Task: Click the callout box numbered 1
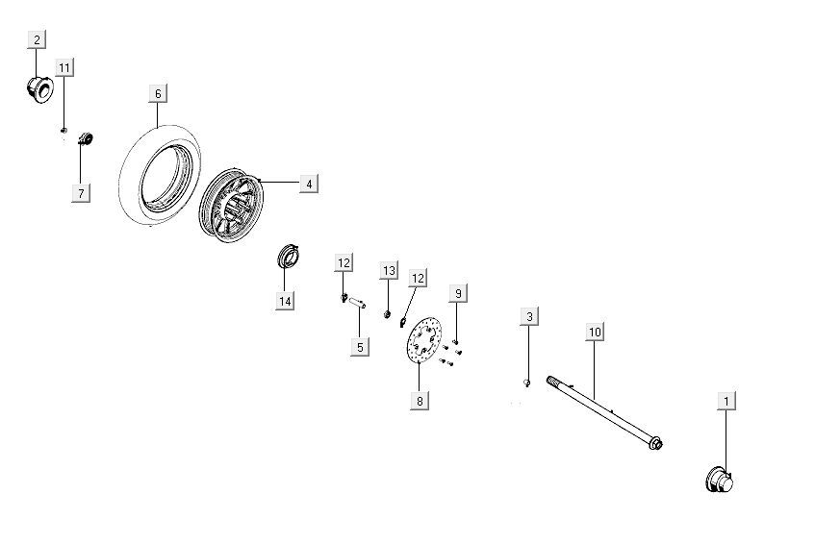click(726, 401)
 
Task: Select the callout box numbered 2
click(37, 39)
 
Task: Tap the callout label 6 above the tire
click(158, 93)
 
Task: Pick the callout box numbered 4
click(309, 184)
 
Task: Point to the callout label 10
click(595, 332)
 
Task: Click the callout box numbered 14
click(285, 301)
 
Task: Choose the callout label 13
click(389, 270)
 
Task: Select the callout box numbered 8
click(420, 400)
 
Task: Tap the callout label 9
click(458, 293)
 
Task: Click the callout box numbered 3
click(529, 316)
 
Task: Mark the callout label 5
click(360, 347)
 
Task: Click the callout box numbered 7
click(81, 193)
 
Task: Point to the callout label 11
click(64, 67)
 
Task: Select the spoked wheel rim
click(231, 205)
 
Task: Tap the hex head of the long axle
click(656, 444)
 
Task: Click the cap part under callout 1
click(720, 481)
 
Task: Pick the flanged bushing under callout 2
click(39, 89)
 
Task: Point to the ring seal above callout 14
click(288, 256)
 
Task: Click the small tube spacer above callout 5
click(357, 302)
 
